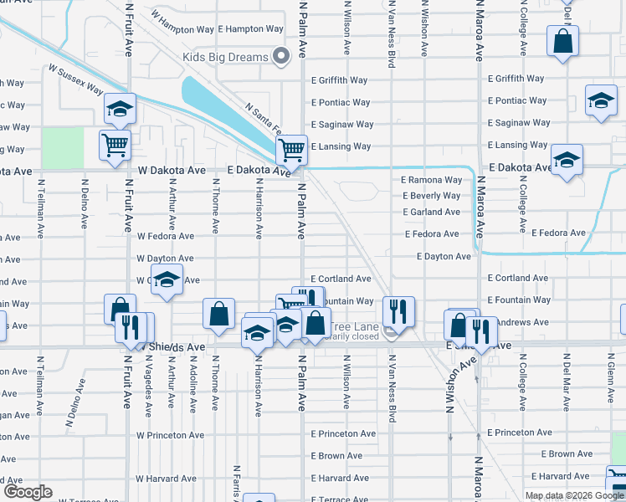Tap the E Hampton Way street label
click(x=250, y=28)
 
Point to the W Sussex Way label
click(x=75, y=79)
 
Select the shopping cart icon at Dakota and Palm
click(x=291, y=151)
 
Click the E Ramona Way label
click(x=431, y=180)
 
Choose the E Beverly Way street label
click(x=431, y=196)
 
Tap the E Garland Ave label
click(x=431, y=212)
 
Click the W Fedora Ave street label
click(x=165, y=237)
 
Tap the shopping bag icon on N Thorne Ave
click(x=218, y=315)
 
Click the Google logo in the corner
click(x=27, y=492)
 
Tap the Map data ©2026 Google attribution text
click(x=574, y=495)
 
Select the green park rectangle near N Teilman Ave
click(x=64, y=148)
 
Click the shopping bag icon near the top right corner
click(x=562, y=40)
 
